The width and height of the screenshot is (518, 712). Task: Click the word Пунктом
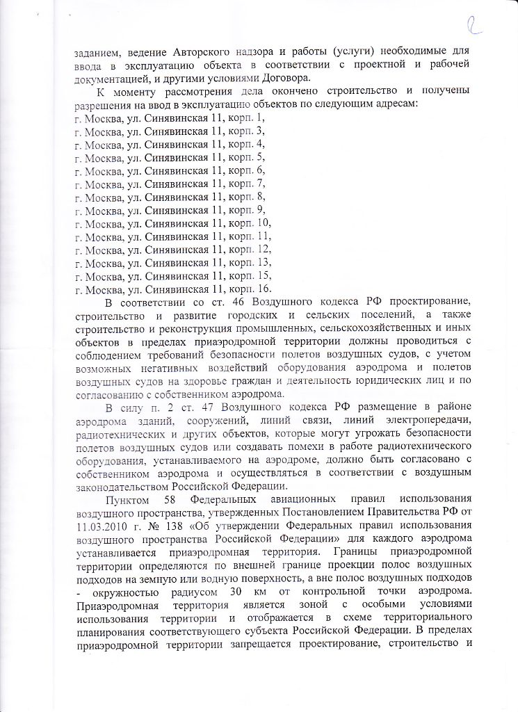point(127,499)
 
